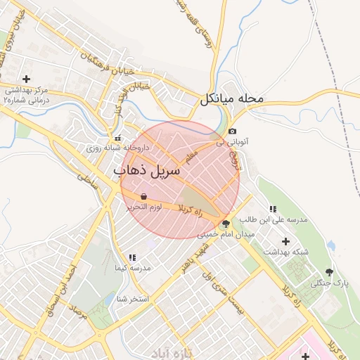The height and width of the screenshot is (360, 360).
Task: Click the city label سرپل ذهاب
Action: coord(146,170)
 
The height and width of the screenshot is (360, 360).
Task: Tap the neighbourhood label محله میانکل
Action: coord(231,98)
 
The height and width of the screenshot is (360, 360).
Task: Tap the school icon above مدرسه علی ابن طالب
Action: coord(273,209)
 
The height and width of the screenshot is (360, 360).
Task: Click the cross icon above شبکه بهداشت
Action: coord(285,241)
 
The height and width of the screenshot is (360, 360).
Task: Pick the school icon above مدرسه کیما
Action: coord(131,258)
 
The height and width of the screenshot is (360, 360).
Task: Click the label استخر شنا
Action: coord(133,299)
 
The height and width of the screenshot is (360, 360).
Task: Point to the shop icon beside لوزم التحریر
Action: coord(143,197)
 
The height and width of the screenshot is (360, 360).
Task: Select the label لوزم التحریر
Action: coord(143,207)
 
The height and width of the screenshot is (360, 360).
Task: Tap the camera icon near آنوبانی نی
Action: coord(233,131)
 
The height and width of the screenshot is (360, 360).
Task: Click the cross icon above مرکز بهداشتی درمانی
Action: coord(27,79)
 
